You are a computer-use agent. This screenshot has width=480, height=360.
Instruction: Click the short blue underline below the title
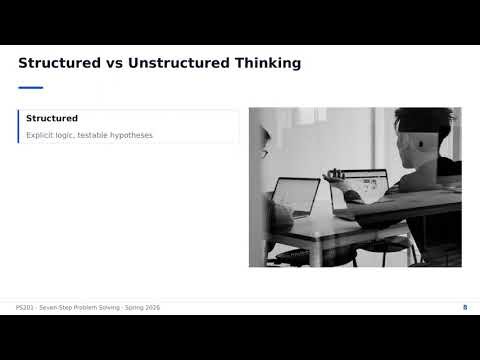coord(30,87)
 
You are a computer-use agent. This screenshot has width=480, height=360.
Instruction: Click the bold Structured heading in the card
coord(52,118)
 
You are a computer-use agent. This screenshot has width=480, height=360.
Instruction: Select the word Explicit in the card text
coord(42,135)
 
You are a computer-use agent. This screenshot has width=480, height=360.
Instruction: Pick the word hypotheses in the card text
coord(133,135)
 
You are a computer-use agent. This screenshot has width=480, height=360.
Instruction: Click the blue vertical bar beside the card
coord(18,126)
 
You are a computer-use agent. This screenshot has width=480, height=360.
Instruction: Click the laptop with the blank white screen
coord(296,196)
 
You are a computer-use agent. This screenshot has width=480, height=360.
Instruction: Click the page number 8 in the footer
coord(465,307)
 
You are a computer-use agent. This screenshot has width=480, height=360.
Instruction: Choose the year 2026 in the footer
coord(150,307)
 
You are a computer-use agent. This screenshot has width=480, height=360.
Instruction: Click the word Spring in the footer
coord(126,307)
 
